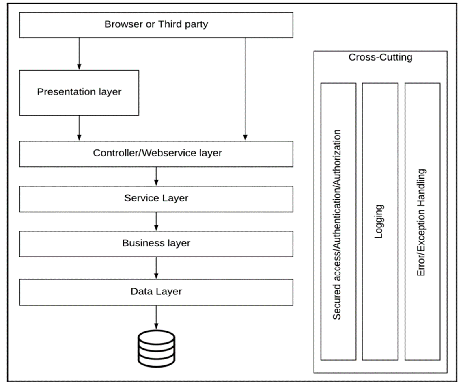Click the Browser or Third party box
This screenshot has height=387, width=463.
coord(156,25)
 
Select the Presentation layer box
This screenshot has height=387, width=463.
coord(79,92)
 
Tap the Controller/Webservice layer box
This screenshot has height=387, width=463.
coord(156,154)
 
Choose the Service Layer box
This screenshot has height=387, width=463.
coord(156,199)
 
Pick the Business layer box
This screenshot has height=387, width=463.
coord(156,244)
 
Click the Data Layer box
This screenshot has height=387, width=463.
coord(156,292)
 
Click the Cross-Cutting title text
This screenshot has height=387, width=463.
coord(380,57)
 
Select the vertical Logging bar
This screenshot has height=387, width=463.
coord(380,221)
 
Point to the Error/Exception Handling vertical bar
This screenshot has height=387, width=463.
coord(422,221)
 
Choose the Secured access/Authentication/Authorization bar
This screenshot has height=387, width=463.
coord(338,221)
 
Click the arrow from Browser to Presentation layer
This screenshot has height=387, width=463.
coord(79,54)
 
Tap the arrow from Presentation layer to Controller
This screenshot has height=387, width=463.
coord(79,128)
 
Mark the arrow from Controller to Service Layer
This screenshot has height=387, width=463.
coord(156,176)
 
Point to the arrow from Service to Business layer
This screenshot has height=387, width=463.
coord(156,221)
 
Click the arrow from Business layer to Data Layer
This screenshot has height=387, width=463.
coord(156,267)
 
